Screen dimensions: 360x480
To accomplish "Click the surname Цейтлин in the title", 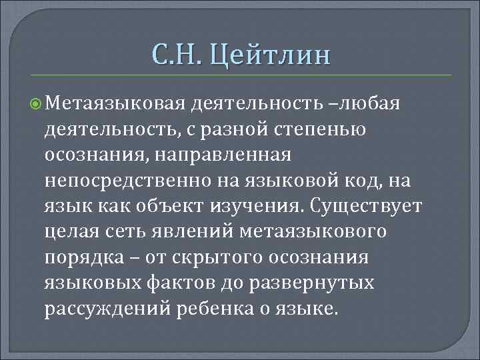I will tap(269, 53).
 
